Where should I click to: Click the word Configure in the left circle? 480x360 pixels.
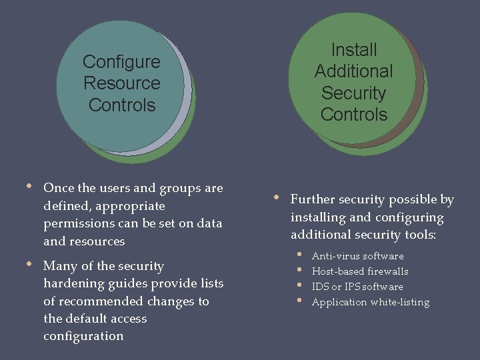[121, 62]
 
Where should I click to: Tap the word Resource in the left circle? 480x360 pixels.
[121, 83]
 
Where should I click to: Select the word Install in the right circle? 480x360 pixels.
[354, 50]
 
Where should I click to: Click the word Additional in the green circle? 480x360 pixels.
[354, 71]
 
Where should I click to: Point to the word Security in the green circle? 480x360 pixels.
[354, 93]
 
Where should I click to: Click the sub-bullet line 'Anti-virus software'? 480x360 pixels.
[357, 256]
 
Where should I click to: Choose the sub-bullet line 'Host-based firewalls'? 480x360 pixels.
[360, 271]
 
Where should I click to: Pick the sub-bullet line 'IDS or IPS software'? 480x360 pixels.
[357, 287]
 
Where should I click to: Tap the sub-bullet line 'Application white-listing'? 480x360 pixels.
[371, 302]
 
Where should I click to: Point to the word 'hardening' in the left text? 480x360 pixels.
[71, 283]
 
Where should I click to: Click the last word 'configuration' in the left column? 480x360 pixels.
[83, 336]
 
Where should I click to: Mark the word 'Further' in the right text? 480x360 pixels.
[311, 200]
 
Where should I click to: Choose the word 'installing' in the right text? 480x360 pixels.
[317, 217]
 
